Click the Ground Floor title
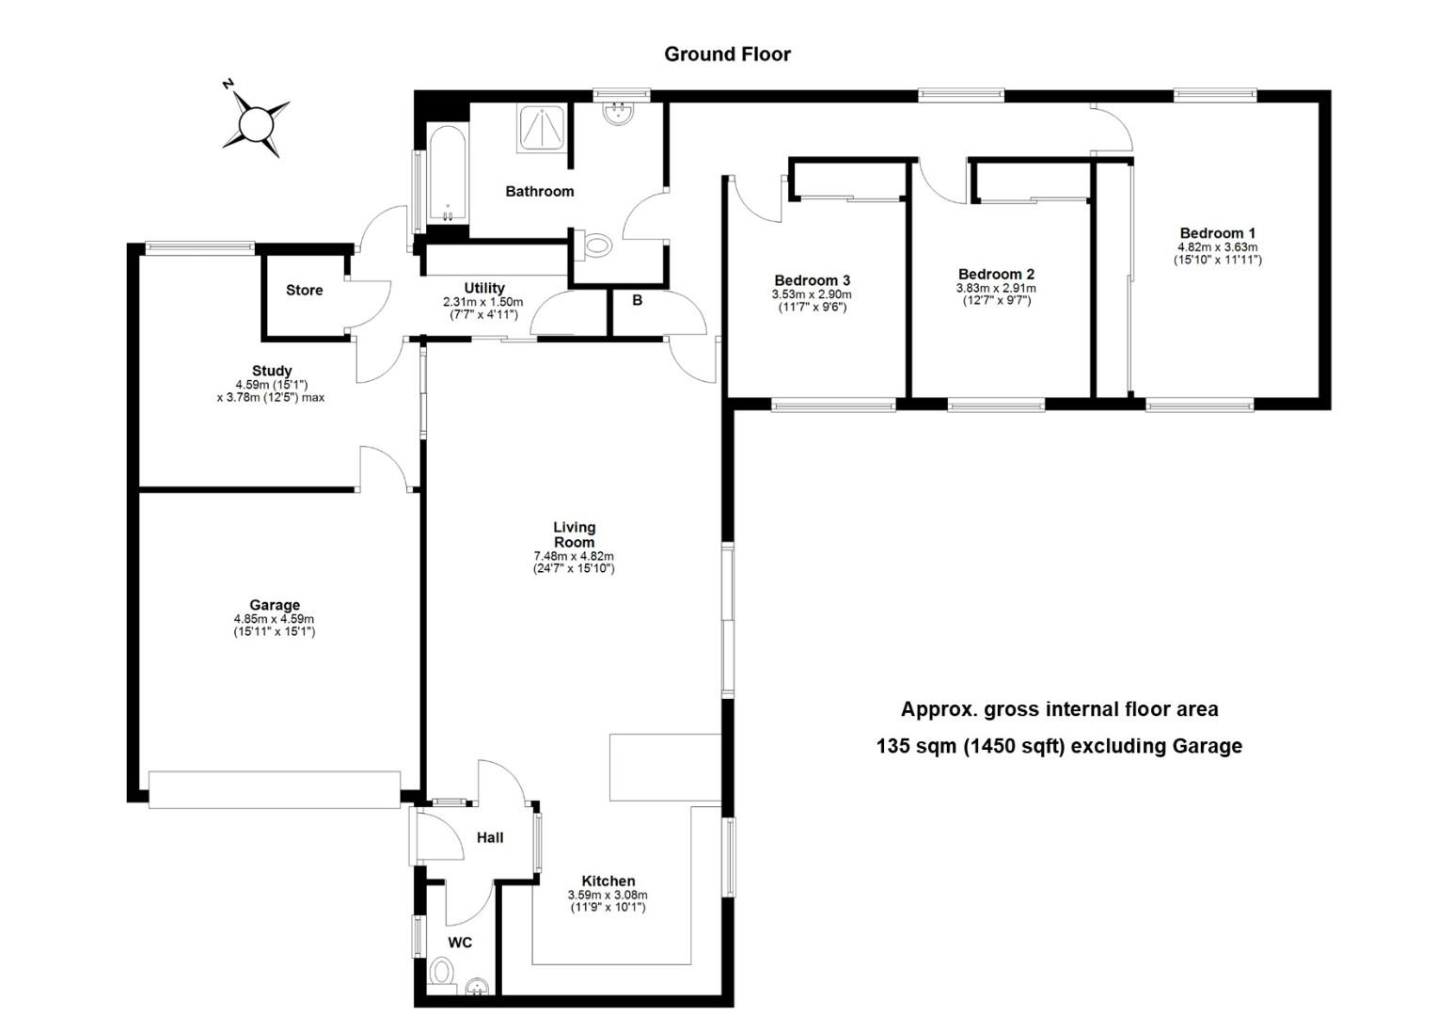click(x=727, y=54)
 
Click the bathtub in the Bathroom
click(x=447, y=175)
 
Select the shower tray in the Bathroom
click(x=542, y=129)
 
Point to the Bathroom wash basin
click(x=618, y=113)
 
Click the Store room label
click(x=304, y=290)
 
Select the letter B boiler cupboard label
click(x=637, y=300)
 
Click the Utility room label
click(x=484, y=288)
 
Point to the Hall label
click(x=490, y=837)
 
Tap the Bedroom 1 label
click(x=1217, y=233)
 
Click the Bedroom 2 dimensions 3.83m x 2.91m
click(x=996, y=289)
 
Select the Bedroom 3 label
click(x=813, y=280)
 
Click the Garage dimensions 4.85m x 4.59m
click(x=274, y=619)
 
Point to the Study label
click(x=272, y=371)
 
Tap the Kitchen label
click(x=608, y=881)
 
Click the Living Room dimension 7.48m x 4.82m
click(x=574, y=556)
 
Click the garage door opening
click(x=275, y=789)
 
